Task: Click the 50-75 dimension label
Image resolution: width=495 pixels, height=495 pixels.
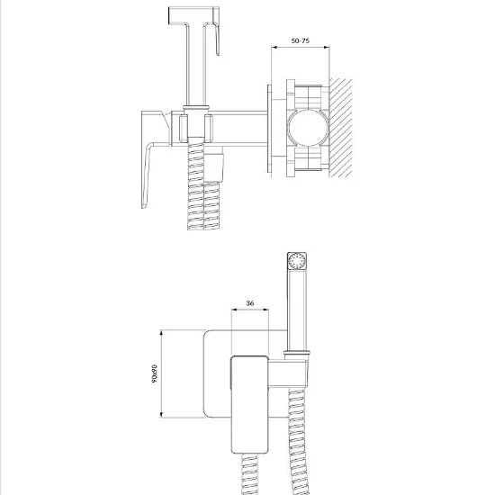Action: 301,40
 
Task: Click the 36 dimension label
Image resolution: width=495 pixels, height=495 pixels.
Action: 249,303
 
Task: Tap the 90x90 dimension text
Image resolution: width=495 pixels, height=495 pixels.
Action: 154,373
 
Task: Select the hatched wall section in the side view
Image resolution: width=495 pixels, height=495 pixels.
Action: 340,128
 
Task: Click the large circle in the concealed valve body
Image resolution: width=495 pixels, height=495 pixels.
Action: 308,127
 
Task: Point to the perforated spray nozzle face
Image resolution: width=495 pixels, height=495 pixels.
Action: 297,261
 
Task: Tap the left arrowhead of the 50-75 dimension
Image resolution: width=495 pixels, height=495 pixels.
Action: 274,48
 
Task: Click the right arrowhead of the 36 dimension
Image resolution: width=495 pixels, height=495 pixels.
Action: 265,310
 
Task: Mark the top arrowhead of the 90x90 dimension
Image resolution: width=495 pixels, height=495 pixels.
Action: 161,333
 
